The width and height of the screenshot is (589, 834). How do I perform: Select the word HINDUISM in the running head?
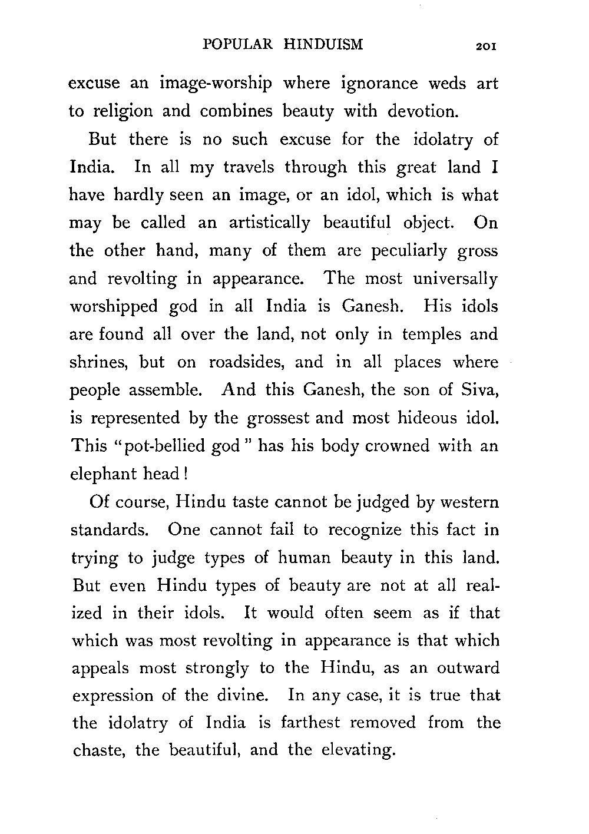pyautogui.click(x=323, y=45)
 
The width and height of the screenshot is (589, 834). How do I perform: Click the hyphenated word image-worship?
pyautogui.click(x=216, y=84)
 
